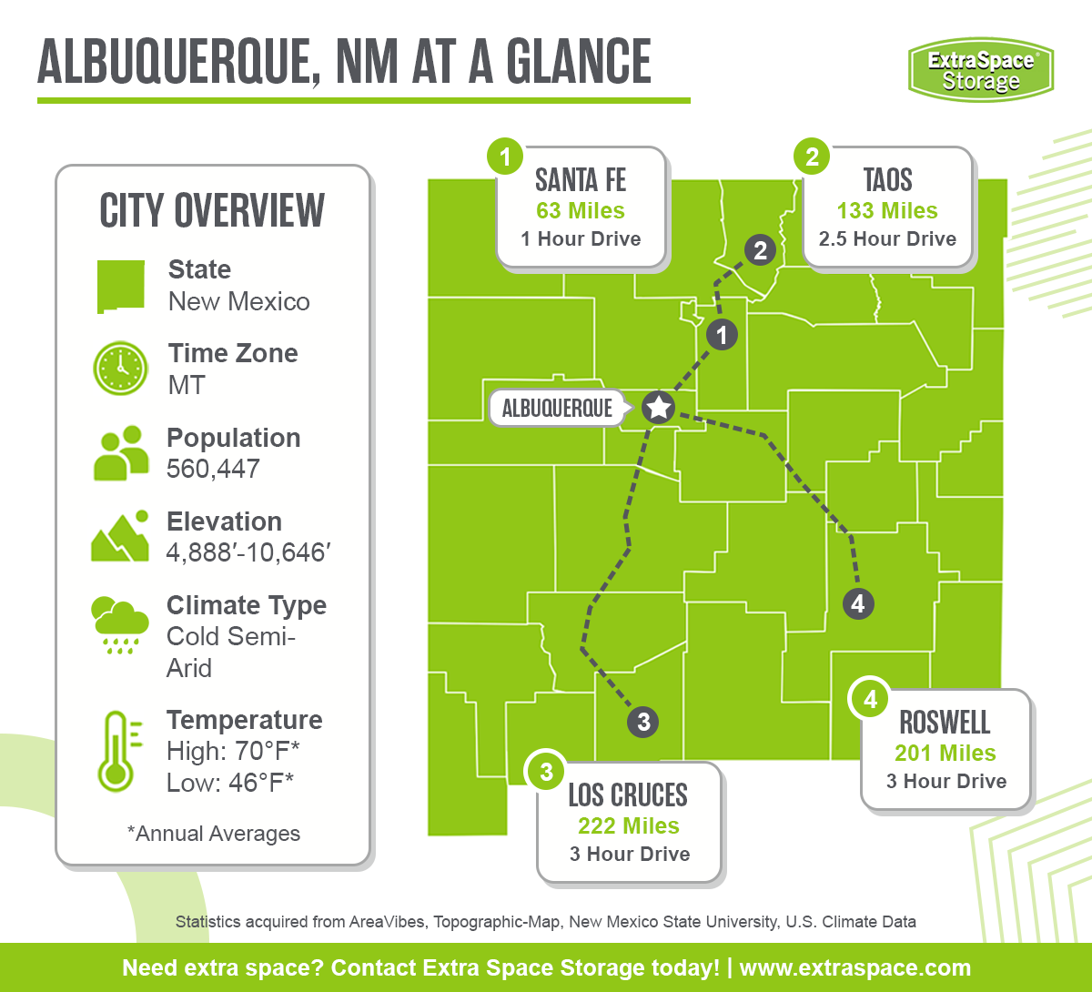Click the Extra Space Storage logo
tap(980, 69)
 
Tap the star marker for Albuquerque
tap(658, 407)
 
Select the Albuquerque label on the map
tap(558, 408)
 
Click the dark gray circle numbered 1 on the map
tap(722, 335)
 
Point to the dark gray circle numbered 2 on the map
tap(760, 249)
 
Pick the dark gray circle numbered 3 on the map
tap(643, 722)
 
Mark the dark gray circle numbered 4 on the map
tap(857, 602)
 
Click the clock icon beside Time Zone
tap(120, 369)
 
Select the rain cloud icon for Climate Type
tap(120, 623)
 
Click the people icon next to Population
tap(121, 453)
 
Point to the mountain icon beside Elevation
tap(120, 537)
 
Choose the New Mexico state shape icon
tap(121, 286)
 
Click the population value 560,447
tap(213, 469)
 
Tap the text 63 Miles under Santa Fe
tap(581, 211)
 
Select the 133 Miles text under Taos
tap(887, 211)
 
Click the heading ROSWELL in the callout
tap(945, 723)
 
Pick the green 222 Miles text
tap(629, 826)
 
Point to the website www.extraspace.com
tap(854, 967)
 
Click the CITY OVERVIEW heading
tap(212, 211)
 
